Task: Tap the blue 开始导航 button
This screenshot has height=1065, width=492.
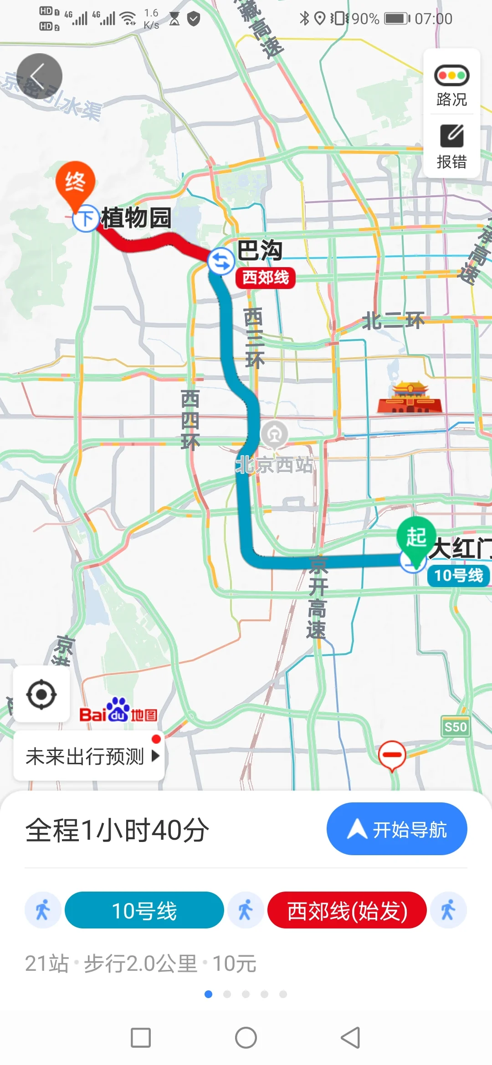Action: click(x=396, y=829)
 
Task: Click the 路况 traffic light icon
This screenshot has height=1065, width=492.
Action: click(x=451, y=76)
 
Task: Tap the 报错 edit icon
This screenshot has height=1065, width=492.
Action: click(x=451, y=136)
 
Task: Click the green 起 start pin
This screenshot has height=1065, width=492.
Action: click(x=415, y=537)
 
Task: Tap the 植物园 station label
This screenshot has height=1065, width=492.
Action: click(x=136, y=218)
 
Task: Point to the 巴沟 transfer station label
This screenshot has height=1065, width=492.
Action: click(x=260, y=250)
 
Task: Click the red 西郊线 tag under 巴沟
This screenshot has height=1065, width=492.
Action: click(x=265, y=277)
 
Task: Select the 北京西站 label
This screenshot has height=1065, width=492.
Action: click(x=275, y=465)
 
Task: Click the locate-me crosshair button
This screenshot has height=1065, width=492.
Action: click(x=41, y=695)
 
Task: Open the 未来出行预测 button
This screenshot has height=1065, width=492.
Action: click(x=89, y=756)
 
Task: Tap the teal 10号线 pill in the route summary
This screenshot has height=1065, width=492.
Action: click(x=144, y=911)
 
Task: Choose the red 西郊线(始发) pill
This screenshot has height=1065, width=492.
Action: click(x=347, y=911)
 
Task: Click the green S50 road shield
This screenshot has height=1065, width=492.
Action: click(x=455, y=727)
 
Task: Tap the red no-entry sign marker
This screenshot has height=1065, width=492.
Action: click(x=392, y=755)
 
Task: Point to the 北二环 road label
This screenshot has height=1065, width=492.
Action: click(x=393, y=321)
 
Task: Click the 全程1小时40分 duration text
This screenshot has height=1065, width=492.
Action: click(x=117, y=830)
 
